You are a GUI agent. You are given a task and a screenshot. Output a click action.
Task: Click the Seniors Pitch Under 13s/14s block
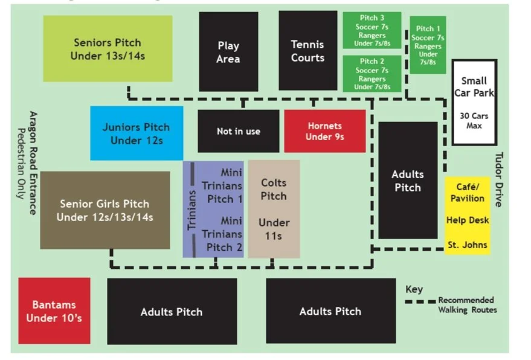108,49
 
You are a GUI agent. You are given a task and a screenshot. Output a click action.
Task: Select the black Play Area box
228,52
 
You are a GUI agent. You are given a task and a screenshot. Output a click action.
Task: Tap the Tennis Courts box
307,51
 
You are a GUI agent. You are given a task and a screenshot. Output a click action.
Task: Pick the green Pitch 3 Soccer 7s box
372,31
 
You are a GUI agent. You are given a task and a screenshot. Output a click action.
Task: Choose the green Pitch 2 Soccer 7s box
372,74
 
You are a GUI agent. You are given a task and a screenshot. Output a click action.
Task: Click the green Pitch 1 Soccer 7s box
428,45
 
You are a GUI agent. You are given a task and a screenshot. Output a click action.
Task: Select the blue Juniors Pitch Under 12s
137,133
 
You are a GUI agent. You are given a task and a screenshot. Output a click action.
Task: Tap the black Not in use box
239,131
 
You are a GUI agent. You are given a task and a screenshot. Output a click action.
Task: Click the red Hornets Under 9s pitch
325,131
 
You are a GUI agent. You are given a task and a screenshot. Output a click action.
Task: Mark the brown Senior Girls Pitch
105,210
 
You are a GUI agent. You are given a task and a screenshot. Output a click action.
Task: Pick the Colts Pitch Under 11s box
274,208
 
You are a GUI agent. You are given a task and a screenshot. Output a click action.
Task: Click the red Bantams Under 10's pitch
54,310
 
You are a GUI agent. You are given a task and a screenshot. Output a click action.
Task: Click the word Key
414,289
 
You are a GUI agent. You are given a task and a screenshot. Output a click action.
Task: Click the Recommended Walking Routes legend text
467,305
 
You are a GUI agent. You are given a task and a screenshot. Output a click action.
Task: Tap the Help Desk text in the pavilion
468,220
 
